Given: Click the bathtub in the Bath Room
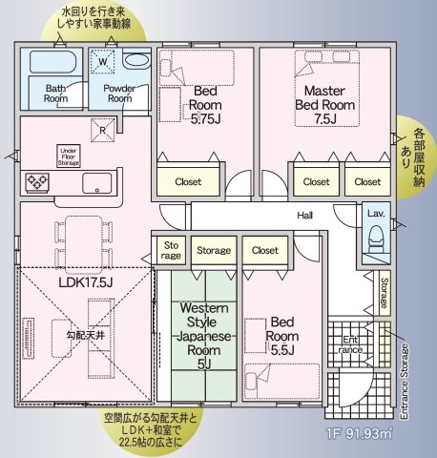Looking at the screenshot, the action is click(52, 61).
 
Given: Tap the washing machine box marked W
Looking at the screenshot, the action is click(102, 61).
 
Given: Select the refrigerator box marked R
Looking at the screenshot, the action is click(102, 130).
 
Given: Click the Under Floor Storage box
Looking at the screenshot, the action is click(69, 156).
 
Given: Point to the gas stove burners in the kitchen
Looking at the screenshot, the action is click(37, 182).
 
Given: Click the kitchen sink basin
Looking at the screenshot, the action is click(97, 183).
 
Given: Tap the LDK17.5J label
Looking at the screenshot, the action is click(86, 282).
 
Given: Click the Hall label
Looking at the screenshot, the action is click(305, 216).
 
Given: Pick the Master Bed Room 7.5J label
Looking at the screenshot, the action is click(324, 105).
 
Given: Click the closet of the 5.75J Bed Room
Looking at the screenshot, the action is click(188, 180).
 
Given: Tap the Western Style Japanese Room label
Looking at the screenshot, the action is click(204, 336).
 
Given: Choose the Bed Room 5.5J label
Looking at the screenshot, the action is click(282, 336).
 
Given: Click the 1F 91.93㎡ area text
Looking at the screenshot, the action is click(360, 433).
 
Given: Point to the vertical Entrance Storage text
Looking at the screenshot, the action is click(404, 382).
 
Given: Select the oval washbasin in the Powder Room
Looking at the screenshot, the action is click(136, 61).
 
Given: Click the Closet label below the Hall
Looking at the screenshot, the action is click(265, 250).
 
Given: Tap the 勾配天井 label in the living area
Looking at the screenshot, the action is click(86, 335).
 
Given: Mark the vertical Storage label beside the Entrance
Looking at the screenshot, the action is click(385, 293).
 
